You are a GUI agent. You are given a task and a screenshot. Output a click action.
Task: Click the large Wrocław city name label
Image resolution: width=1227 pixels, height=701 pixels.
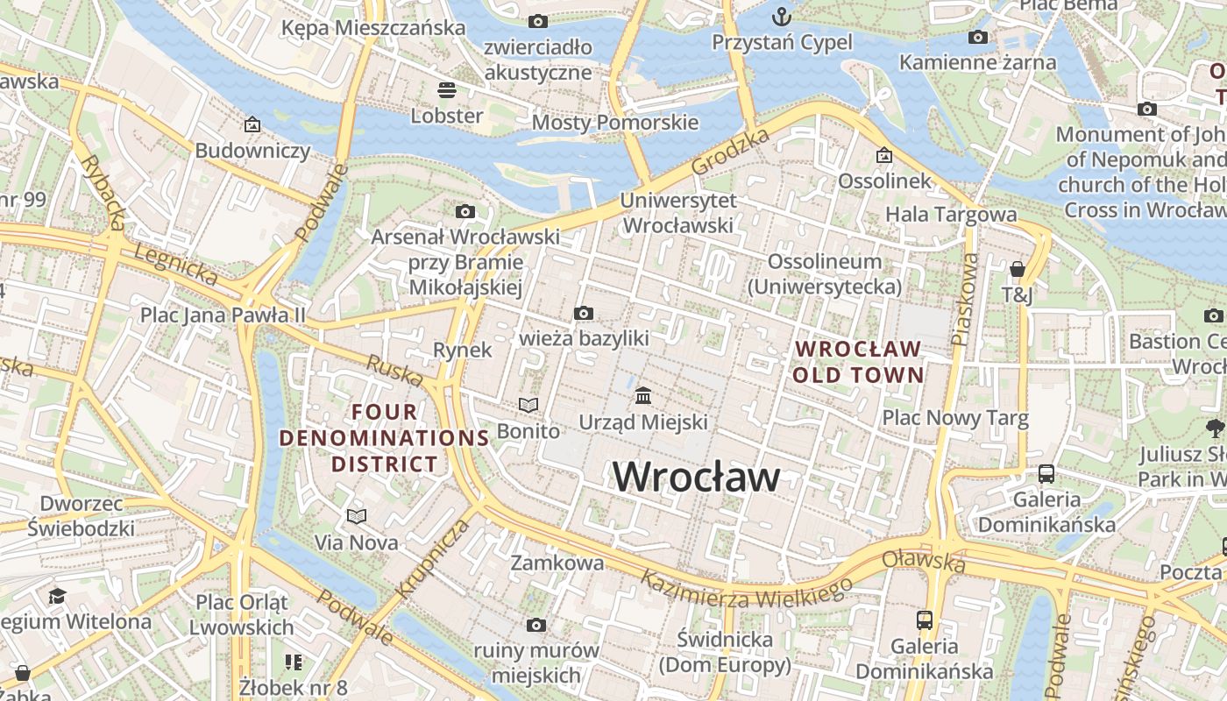point(696,478)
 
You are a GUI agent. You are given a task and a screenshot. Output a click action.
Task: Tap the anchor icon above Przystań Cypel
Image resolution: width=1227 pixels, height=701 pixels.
point(781,17)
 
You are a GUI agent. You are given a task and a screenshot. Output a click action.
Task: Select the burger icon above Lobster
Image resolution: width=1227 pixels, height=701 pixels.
point(447,89)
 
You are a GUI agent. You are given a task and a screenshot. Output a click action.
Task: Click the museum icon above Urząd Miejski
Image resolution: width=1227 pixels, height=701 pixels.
point(643,396)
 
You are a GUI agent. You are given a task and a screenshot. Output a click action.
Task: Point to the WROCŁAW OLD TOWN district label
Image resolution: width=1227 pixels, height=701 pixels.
point(859,362)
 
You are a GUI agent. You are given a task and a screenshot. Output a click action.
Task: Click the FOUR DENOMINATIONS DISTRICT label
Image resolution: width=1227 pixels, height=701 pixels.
point(385,437)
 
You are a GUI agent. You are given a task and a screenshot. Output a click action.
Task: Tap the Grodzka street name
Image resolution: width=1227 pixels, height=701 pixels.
point(730,151)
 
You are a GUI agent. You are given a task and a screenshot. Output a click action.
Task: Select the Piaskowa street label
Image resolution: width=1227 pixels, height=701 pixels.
point(964,300)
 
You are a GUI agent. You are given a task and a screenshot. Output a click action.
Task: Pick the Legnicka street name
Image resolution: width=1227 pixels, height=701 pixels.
point(174,264)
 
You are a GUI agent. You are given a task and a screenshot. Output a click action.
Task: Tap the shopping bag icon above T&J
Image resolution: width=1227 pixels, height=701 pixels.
point(1017,269)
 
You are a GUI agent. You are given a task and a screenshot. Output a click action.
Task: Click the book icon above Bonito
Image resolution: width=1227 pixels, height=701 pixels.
point(528,405)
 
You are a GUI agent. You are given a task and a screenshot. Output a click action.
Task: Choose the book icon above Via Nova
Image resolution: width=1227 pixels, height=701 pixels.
point(356,516)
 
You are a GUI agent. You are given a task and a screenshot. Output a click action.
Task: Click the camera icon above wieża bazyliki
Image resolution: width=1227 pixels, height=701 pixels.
point(584,313)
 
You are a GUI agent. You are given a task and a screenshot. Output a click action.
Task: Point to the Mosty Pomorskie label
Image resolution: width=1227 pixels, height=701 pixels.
point(615,122)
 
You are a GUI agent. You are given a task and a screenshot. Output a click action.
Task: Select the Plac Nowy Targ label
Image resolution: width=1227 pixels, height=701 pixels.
point(955,418)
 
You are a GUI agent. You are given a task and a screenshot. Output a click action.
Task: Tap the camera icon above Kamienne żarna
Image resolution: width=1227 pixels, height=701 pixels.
point(978,37)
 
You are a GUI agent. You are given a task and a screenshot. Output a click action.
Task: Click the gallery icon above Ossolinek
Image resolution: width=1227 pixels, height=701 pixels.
point(884,155)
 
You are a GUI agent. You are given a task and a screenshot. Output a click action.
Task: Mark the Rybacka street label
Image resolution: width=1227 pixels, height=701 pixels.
point(104,192)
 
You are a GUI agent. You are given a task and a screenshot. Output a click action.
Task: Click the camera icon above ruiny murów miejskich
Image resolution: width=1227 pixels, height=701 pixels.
point(536,625)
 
